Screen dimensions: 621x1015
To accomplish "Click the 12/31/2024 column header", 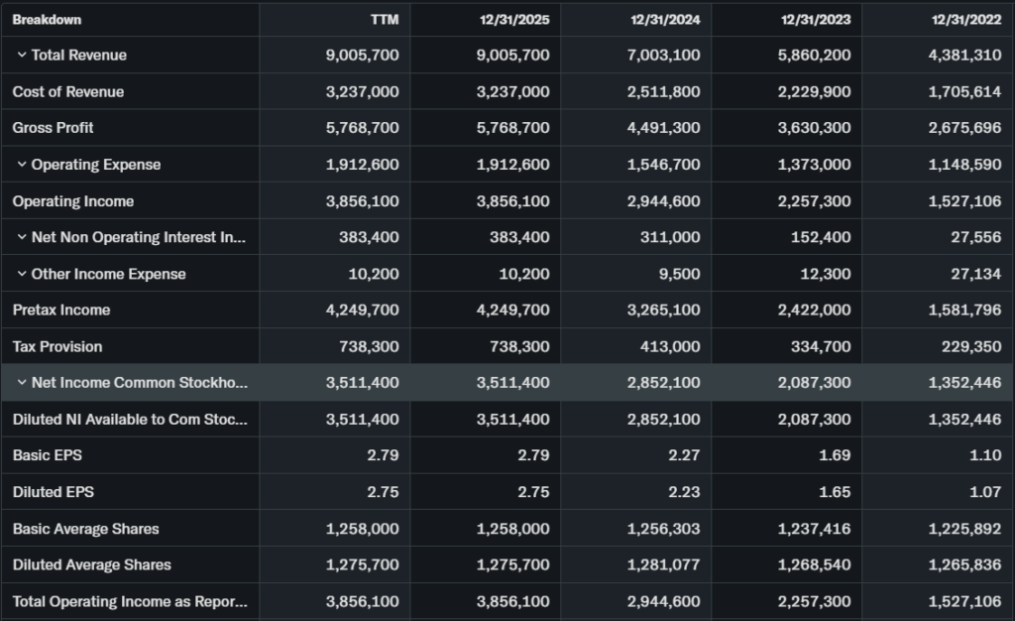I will pos(665,20).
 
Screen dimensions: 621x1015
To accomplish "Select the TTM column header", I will pos(384,20).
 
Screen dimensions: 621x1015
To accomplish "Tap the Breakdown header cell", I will pos(47,20).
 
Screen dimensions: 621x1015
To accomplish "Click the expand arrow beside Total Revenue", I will pos(21,56).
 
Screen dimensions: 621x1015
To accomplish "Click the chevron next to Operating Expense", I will pos(21,165).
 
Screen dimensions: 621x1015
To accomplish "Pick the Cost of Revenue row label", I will pos(68,92).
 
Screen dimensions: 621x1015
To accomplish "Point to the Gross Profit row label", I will pos(54,128).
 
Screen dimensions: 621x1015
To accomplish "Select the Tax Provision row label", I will pos(57,347).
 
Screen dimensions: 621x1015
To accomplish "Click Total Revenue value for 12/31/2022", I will pos(964,56).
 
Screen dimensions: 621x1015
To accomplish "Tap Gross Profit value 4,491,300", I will pos(663,128).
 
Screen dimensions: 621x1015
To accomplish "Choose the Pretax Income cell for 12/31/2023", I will pos(814,310).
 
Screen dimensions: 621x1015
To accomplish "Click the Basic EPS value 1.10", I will pos(985,455).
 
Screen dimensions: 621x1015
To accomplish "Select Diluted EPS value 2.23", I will pos(684,492).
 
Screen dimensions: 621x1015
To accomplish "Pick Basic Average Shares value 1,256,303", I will pos(663,529).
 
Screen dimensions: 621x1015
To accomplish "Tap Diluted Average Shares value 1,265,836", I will pos(964,565).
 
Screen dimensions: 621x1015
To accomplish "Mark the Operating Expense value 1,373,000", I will pos(814,165).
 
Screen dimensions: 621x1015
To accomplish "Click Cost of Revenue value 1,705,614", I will pos(964,92).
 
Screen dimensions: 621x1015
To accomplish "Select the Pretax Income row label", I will pos(61,310).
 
